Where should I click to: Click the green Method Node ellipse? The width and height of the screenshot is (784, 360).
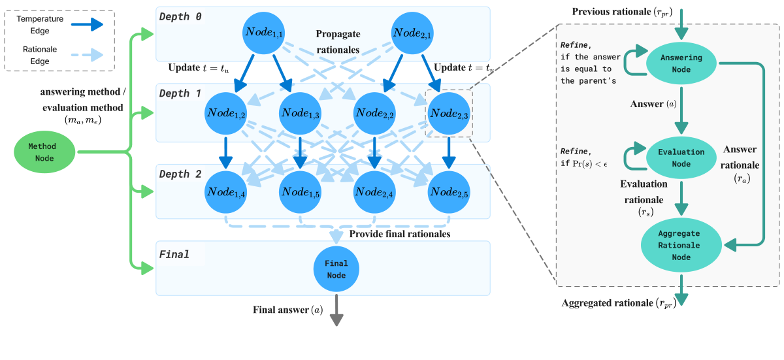45,153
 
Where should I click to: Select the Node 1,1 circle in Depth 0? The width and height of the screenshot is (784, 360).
263,33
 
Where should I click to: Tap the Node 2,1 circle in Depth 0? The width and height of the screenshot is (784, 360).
412,33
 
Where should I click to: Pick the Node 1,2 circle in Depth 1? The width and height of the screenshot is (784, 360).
225,112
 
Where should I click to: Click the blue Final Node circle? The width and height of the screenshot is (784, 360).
336,269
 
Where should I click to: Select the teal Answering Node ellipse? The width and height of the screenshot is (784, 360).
681,63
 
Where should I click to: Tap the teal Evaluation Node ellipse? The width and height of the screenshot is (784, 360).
681,157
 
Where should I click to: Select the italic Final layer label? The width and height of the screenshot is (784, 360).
174,254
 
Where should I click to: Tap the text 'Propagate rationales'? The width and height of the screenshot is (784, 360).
338,41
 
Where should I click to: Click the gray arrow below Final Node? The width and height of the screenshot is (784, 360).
336,310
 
